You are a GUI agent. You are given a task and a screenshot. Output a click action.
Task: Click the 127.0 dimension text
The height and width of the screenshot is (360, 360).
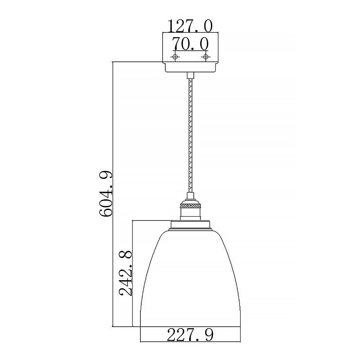(x=190, y=26)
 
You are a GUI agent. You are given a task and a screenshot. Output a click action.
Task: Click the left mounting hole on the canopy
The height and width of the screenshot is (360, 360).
(x=175, y=57)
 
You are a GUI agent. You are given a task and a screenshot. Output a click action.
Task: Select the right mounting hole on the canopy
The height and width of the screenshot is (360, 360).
(x=205, y=57)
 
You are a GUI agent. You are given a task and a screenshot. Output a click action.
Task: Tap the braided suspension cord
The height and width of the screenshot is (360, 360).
(x=190, y=135)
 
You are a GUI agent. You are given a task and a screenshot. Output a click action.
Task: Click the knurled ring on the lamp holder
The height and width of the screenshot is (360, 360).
(x=190, y=206)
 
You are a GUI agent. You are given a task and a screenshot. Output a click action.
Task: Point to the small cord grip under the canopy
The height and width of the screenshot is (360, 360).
(x=190, y=75)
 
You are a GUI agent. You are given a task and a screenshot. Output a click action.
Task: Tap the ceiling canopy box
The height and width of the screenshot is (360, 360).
(x=190, y=48)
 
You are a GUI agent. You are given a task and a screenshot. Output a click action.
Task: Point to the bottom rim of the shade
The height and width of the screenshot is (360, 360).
(x=190, y=326)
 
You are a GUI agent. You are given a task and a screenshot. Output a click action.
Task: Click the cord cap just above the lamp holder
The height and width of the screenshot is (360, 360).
(x=190, y=197)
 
